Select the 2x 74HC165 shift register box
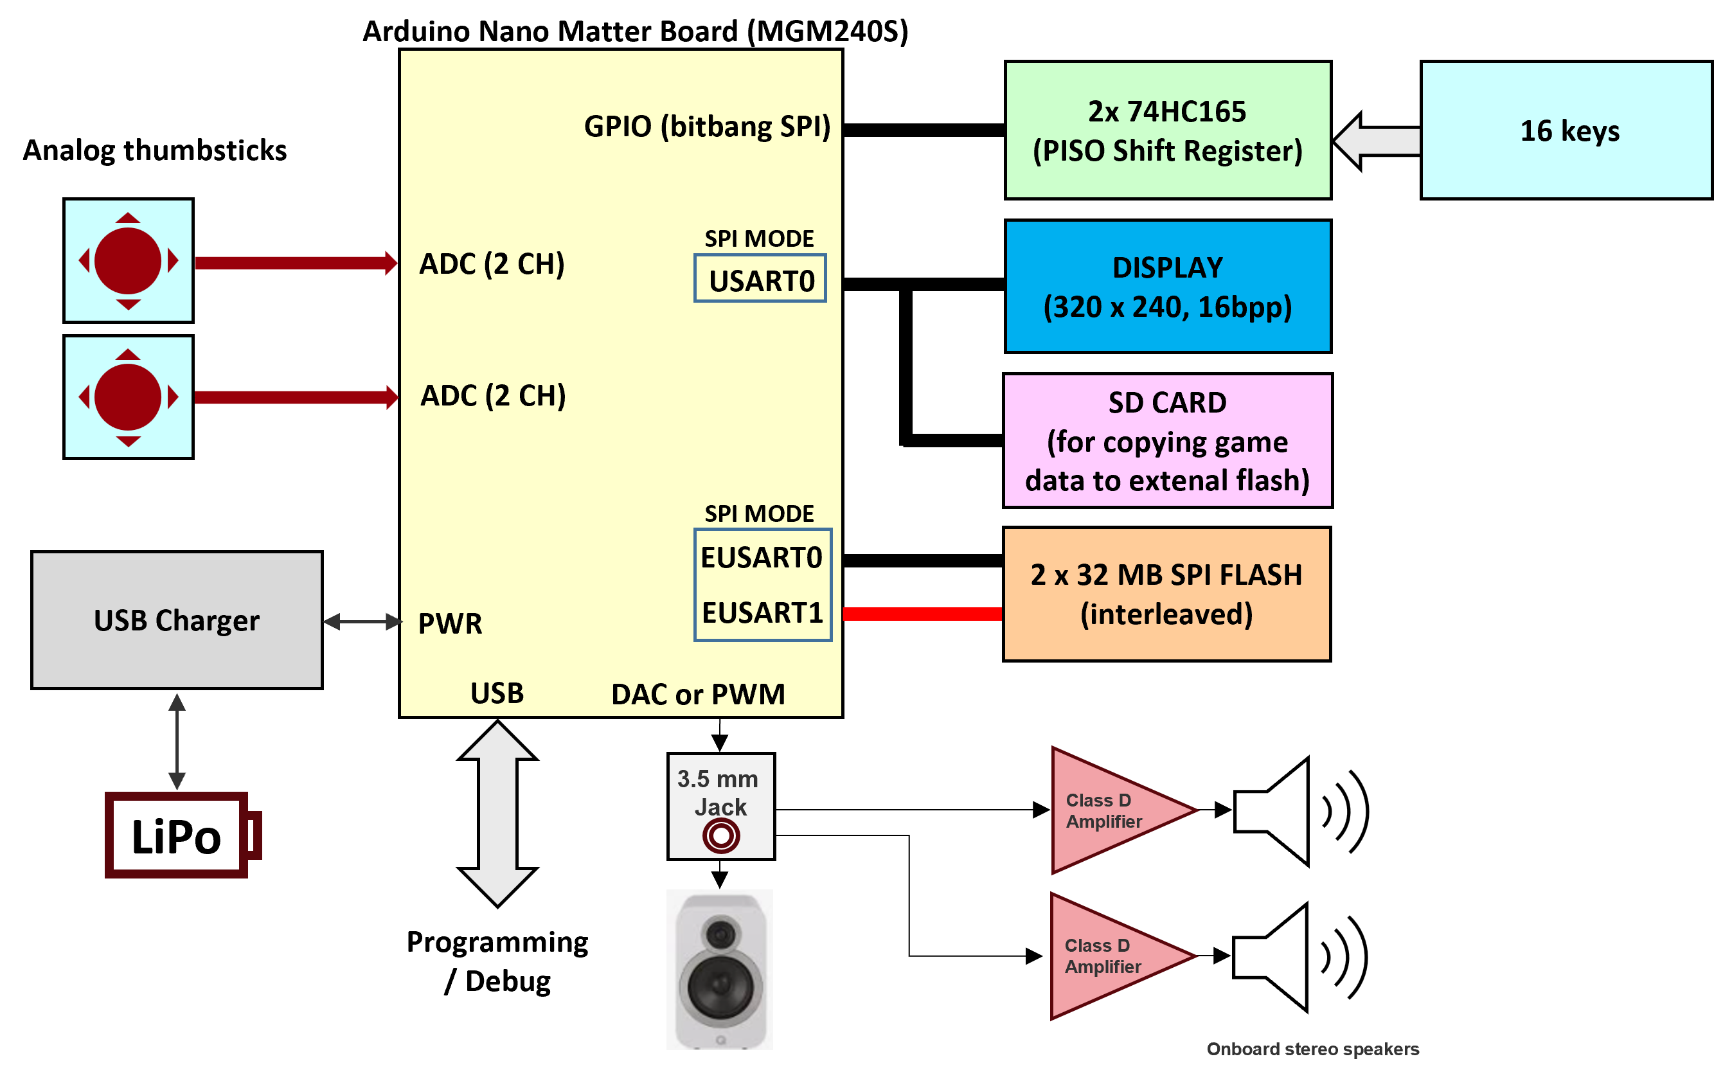tap(1168, 130)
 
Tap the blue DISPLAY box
tap(1168, 286)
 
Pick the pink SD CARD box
tap(1168, 440)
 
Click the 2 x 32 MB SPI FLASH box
tap(1166, 594)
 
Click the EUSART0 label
tap(762, 558)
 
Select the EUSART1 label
tap(762, 613)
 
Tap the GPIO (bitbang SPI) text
tap(707, 127)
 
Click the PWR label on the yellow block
tap(450, 623)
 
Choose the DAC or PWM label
tap(698, 694)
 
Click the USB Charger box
tap(177, 620)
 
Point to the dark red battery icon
tap(181, 835)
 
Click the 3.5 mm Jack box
tap(720, 807)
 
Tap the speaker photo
tap(720, 970)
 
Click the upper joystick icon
tap(128, 260)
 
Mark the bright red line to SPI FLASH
tap(922, 614)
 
